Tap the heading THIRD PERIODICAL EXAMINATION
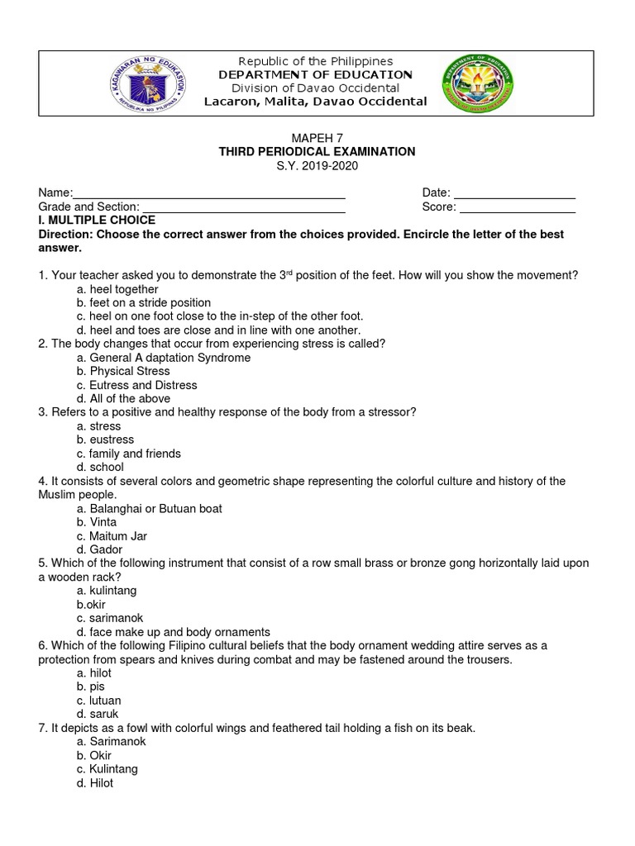click(317, 152)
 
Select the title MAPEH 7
click(317, 138)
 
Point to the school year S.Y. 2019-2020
click(317, 166)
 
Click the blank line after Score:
click(517, 210)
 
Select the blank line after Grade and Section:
click(244, 210)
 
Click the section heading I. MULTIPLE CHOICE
click(97, 221)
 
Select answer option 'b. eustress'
click(105, 440)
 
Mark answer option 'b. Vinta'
click(97, 522)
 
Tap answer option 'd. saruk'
click(95, 714)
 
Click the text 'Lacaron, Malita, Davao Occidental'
click(316, 102)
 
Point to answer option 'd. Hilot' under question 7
click(94, 782)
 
